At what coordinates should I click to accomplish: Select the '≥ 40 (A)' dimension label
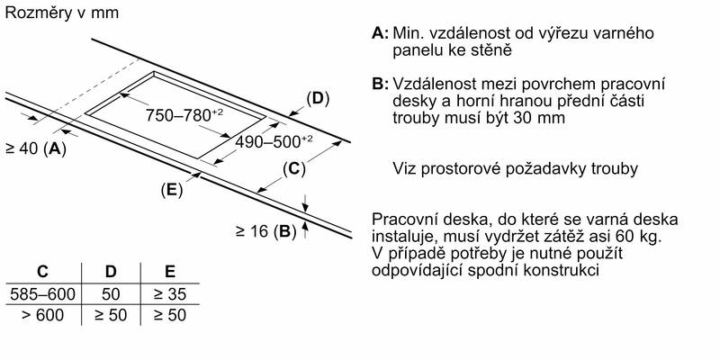pos(36,148)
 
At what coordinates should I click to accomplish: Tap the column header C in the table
pos(41,272)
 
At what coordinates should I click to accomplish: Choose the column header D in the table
pos(110,272)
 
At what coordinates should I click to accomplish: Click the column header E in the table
pos(170,272)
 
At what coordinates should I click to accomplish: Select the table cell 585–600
pos(42,294)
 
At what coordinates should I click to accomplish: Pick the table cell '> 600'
pos(42,316)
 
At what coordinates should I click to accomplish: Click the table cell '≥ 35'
pos(170,294)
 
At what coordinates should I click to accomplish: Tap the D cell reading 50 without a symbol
pos(110,294)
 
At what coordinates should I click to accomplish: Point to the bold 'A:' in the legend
pos(380,33)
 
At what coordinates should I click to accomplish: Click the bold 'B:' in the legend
pos(380,84)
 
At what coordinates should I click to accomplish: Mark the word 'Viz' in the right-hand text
pos(405,169)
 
